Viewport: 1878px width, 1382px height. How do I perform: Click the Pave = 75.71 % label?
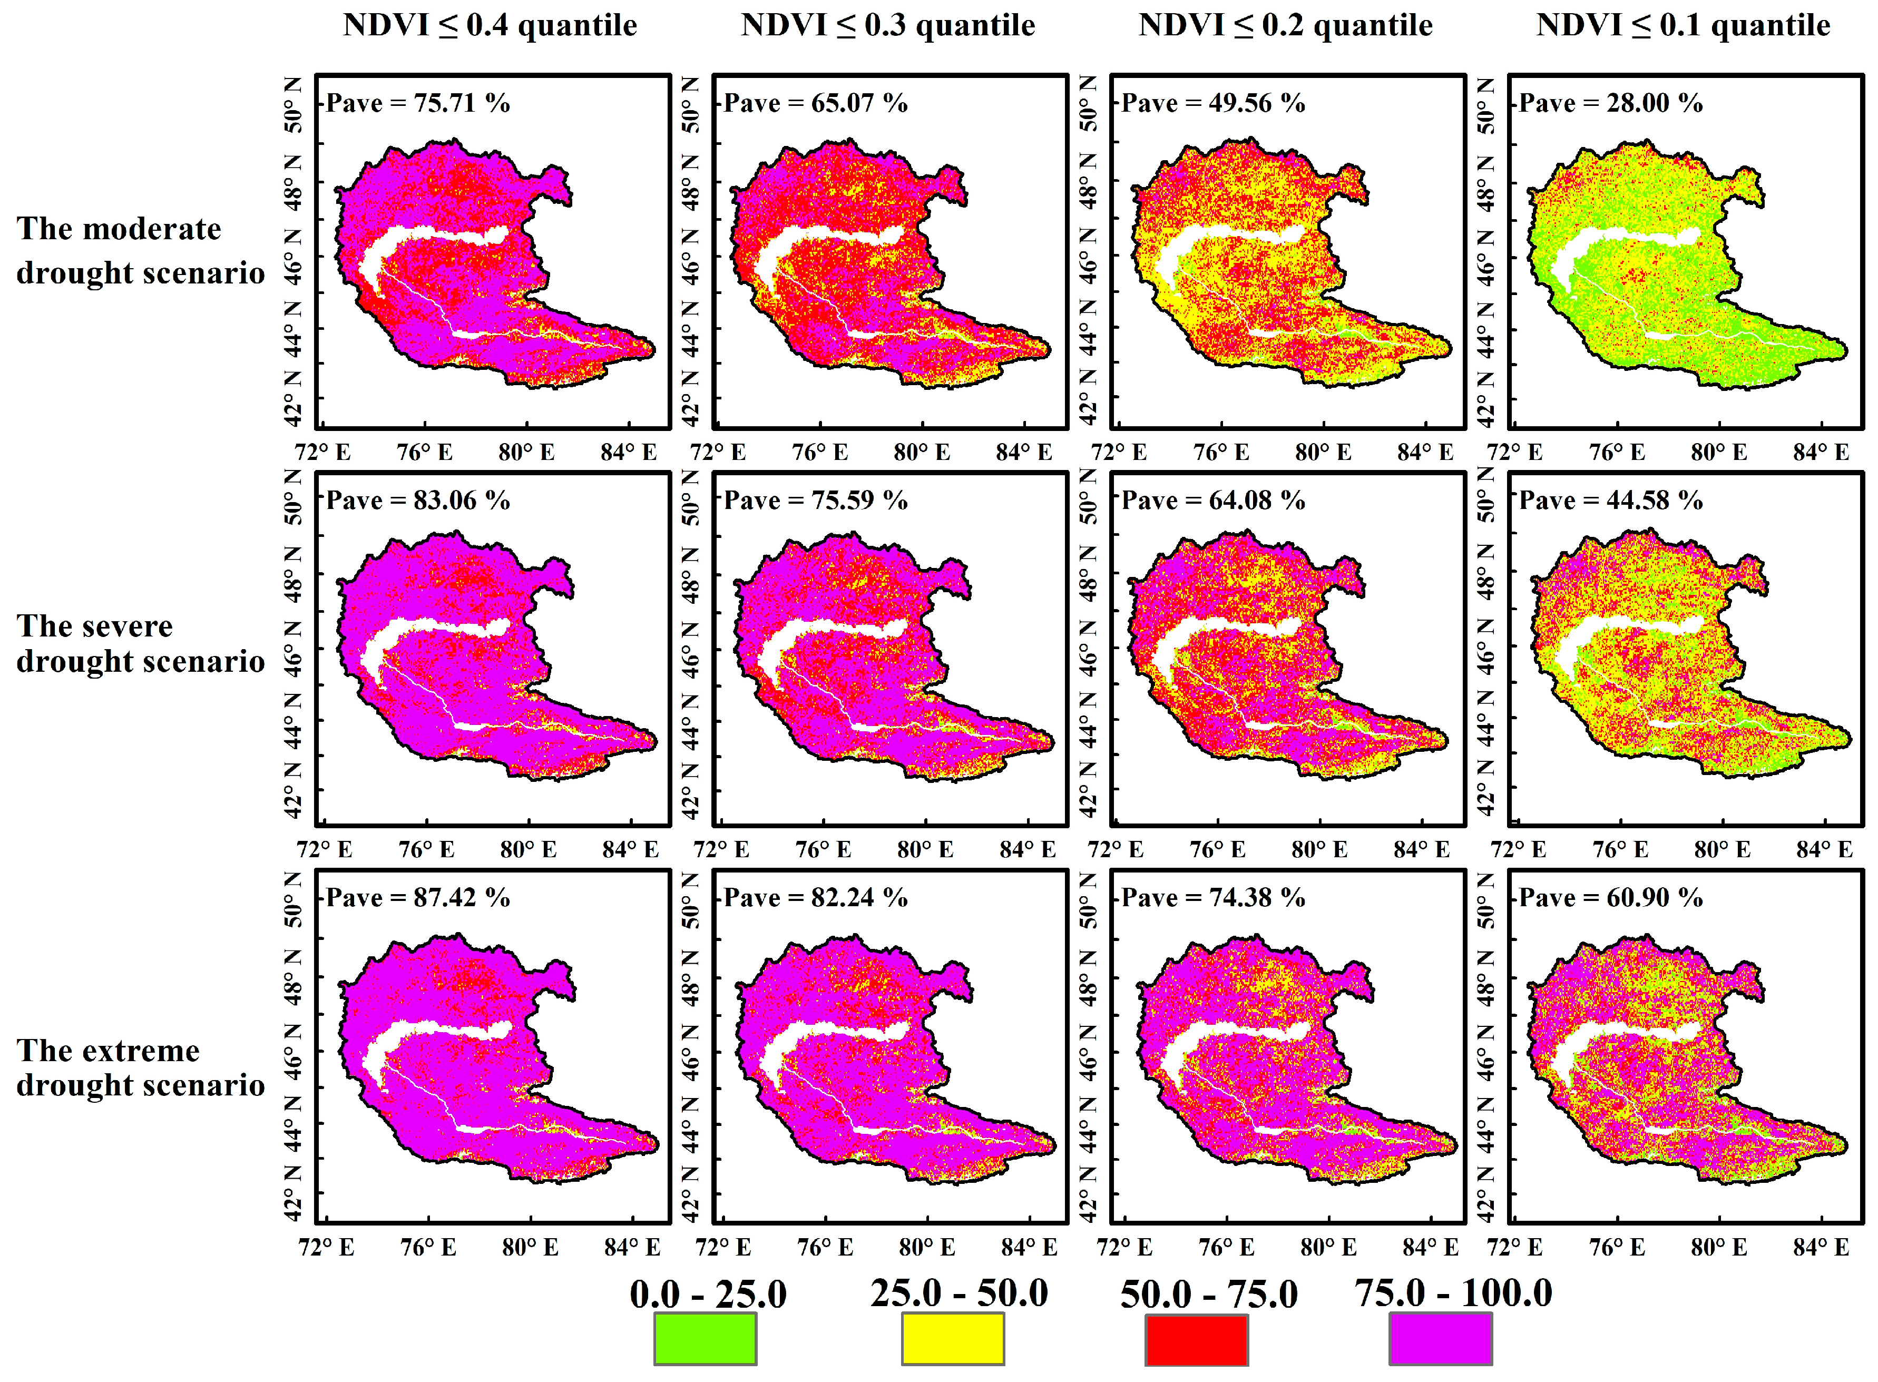(417, 103)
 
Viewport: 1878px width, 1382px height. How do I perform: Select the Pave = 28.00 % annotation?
(1610, 103)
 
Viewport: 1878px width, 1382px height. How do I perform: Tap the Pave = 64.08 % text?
(1213, 500)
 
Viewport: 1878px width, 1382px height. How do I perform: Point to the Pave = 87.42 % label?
(417, 898)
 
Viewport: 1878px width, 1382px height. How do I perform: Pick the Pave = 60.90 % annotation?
(1610, 898)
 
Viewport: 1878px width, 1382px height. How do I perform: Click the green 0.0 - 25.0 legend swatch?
(705, 1338)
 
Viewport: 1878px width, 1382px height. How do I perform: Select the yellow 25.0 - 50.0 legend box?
(952, 1338)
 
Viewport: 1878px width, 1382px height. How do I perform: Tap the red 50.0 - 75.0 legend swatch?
(1196, 1338)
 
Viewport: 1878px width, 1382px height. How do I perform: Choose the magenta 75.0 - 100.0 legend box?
(1441, 1338)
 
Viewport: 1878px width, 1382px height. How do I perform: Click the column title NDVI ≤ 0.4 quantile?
(490, 25)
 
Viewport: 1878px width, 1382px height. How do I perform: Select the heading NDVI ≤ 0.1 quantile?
(1683, 25)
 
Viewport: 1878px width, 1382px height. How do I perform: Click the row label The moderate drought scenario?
(140, 250)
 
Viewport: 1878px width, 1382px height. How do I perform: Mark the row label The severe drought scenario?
(140, 643)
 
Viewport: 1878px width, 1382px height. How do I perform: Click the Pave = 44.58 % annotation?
(1610, 500)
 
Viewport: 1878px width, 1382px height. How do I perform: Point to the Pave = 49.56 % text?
(1213, 103)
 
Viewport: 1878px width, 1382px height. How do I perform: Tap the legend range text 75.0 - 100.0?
(1453, 1292)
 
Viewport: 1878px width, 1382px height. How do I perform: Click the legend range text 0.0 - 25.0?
(708, 1294)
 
